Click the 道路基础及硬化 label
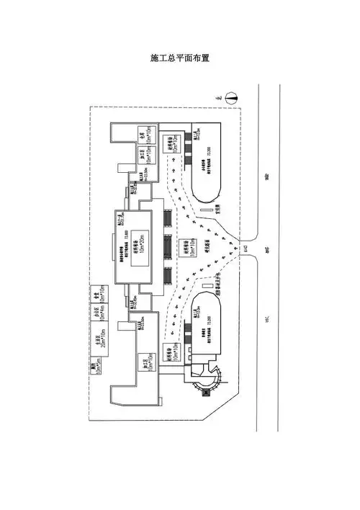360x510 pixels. coord(215,284)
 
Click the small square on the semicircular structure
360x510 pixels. coord(205,393)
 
